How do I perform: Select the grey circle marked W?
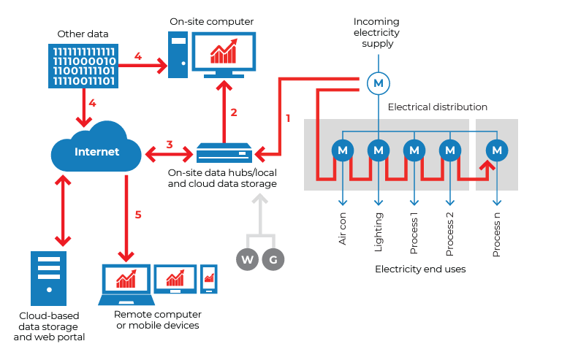coord(247,259)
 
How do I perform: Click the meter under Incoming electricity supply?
coord(378,83)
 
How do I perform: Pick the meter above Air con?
coord(343,150)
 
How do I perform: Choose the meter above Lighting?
coord(378,150)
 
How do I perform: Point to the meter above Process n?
coord(497,150)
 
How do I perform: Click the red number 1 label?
coord(288,118)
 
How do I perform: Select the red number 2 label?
coord(234,112)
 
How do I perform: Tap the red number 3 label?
coord(169,145)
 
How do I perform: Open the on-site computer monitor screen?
coord(224,53)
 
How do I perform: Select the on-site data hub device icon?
coord(224,154)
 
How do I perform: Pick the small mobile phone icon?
coord(209,280)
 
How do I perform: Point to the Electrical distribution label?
coord(437,107)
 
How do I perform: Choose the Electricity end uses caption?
coord(420,269)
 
